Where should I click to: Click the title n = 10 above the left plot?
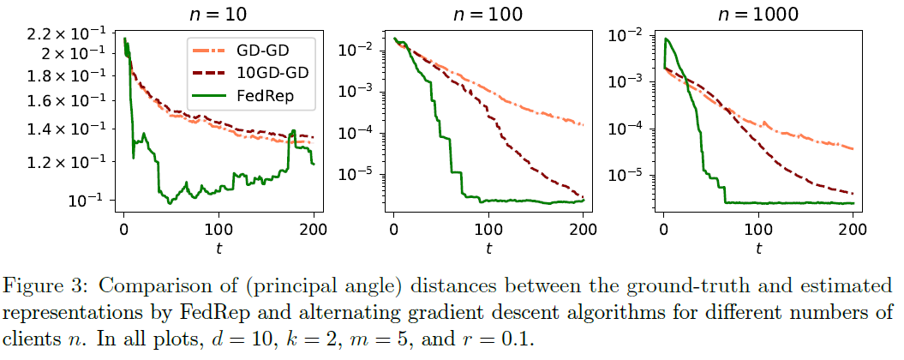[x=219, y=13]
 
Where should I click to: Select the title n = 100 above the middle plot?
[x=488, y=13]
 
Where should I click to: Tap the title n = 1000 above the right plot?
[x=757, y=13]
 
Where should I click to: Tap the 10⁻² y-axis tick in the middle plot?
[x=354, y=50]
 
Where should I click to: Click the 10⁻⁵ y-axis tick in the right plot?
[x=624, y=175]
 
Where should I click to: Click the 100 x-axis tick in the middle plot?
[x=488, y=229]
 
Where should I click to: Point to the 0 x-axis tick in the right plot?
[x=663, y=229]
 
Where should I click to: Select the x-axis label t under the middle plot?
[x=488, y=249]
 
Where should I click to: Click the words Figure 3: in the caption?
[x=51, y=285]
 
